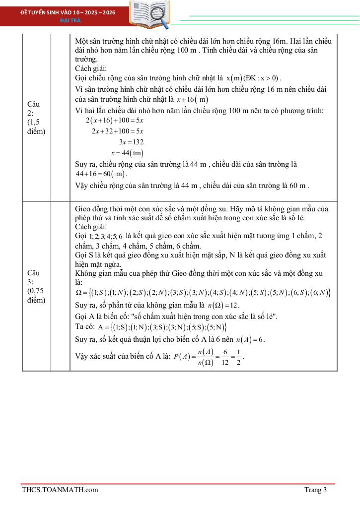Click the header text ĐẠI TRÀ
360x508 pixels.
coord(68,20)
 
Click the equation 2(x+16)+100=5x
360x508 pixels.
coord(114,121)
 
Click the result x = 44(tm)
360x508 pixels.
coord(127,153)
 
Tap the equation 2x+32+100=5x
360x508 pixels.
coord(118,131)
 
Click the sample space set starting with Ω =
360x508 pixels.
coord(203,293)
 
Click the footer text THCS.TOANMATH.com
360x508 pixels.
coord(60,490)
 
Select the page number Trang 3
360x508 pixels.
coord(315,490)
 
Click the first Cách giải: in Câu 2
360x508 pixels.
coord(91,68)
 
